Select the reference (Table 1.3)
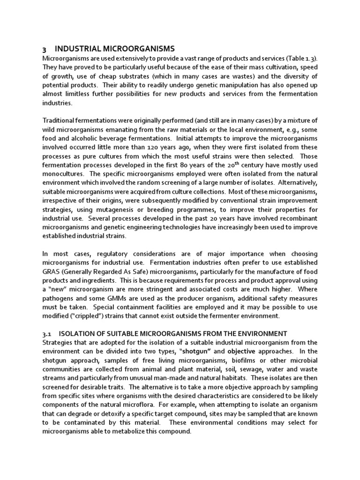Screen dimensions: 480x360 [302, 58]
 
